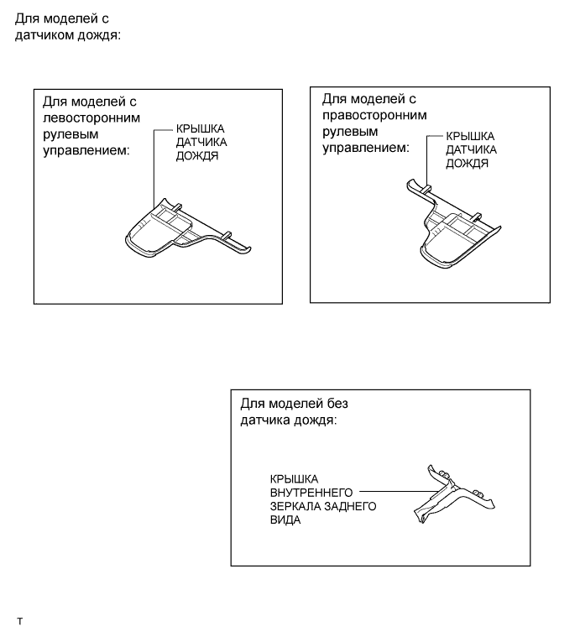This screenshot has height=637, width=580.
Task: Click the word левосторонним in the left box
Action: point(91,118)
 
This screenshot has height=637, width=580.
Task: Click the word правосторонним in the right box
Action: point(374,115)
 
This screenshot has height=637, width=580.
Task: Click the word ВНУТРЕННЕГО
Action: point(311,493)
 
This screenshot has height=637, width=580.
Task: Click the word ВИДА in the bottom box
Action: point(285,520)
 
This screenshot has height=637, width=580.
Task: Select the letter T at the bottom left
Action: point(19,622)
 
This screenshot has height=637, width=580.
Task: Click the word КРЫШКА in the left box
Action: point(200,128)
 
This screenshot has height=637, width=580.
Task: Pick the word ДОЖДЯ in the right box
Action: point(467,164)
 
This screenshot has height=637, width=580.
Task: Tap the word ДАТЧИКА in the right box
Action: point(471,150)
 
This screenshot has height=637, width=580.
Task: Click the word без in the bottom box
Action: point(337,404)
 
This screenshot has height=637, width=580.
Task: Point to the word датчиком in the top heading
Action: point(44,35)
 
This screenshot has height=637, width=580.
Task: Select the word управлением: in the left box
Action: point(86,151)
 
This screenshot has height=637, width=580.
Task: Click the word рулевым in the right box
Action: point(350,132)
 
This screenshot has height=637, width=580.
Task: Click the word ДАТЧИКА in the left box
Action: point(201,143)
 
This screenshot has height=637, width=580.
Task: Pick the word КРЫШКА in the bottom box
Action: point(294,479)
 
